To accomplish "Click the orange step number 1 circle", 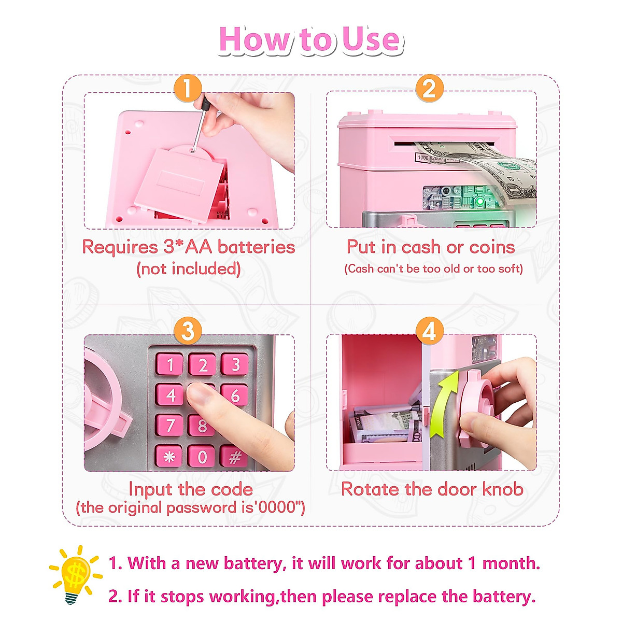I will (x=187, y=88).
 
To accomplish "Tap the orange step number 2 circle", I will (x=429, y=88).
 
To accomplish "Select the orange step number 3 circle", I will (x=188, y=331).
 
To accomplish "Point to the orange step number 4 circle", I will (x=430, y=331).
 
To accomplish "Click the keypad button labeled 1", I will (x=169, y=365).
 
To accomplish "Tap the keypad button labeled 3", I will (x=235, y=364).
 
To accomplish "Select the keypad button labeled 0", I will (x=202, y=456).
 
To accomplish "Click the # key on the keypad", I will (x=234, y=457).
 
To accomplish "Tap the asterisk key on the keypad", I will (x=169, y=456).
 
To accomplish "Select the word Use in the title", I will (x=371, y=40).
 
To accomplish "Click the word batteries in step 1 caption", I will (x=256, y=247).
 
